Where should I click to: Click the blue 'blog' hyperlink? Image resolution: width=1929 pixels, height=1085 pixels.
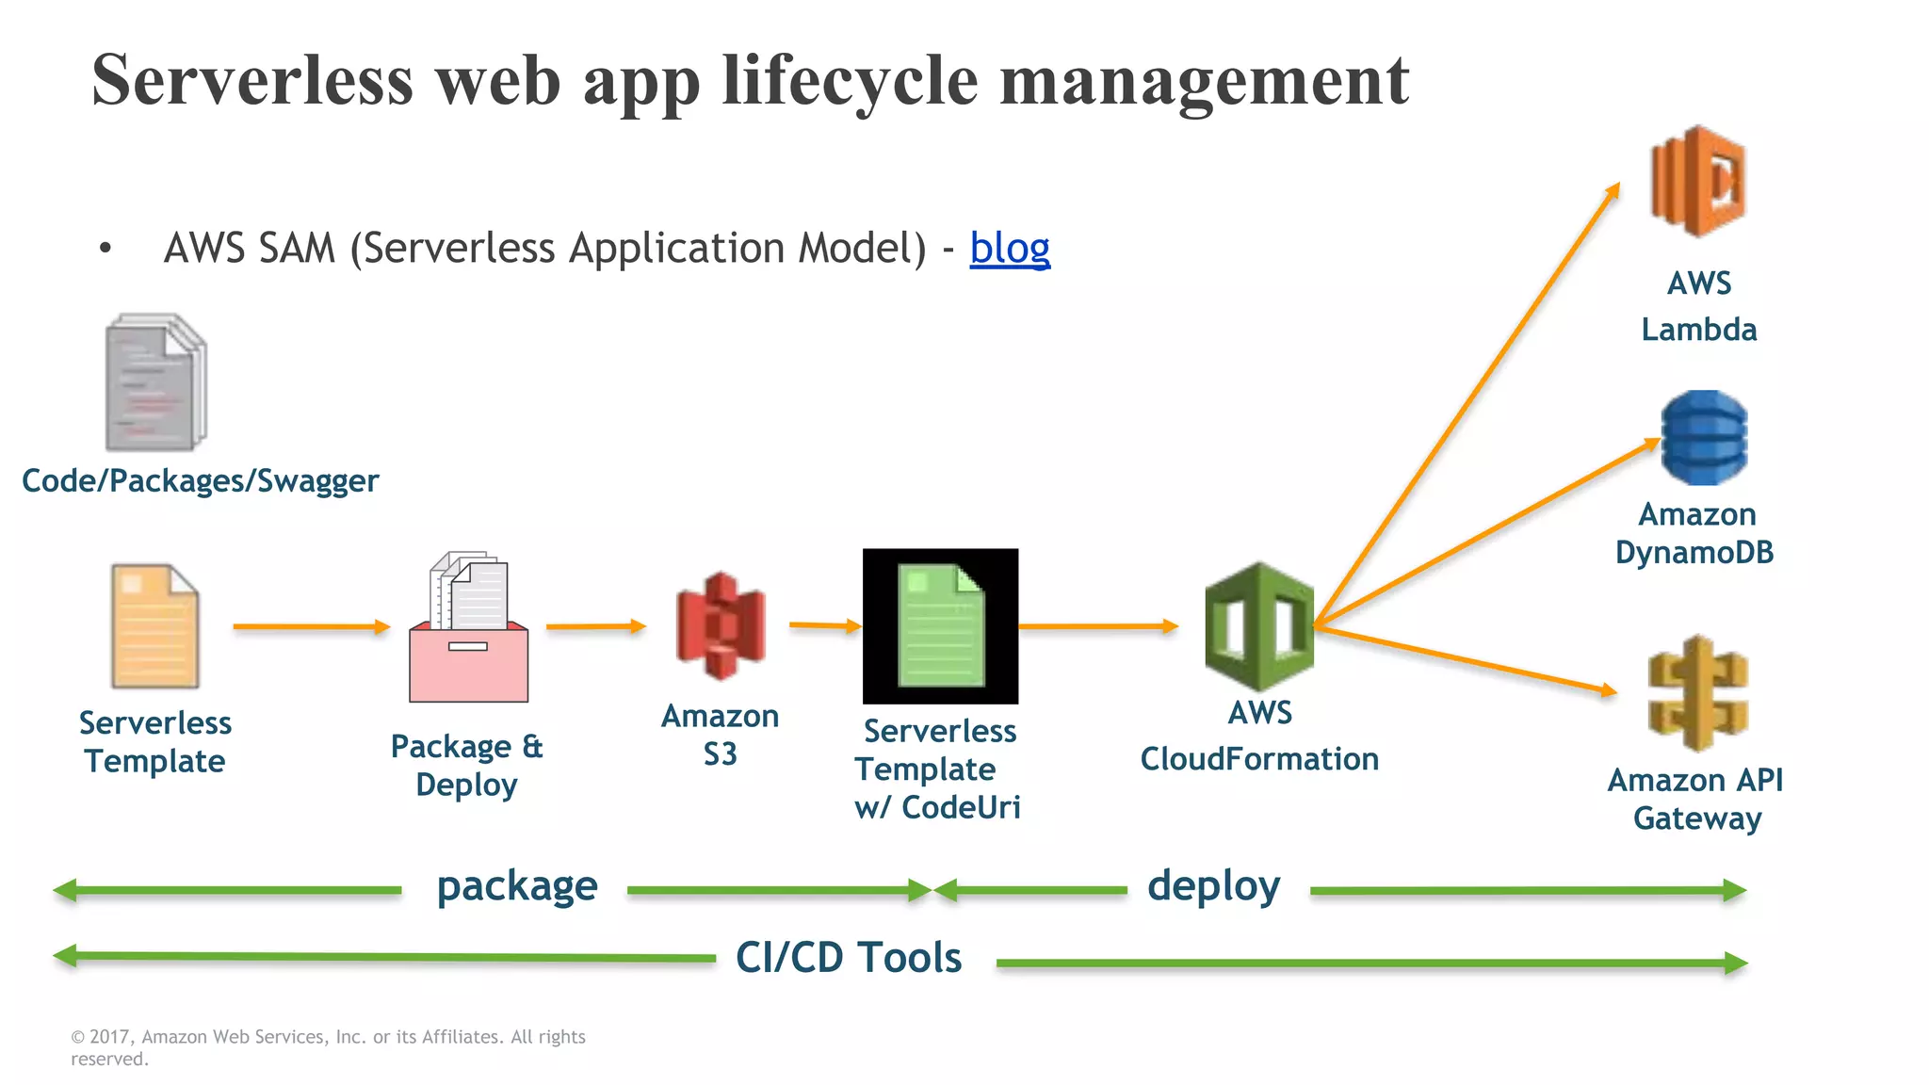point(1009,249)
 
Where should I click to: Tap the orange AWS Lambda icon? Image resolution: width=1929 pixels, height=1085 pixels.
point(1698,181)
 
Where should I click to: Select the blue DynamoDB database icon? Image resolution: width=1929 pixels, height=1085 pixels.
point(1704,438)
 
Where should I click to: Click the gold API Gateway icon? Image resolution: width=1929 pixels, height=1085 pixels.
point(1697,694)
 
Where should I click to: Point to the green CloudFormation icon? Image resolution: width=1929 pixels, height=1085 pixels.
point(1258,626)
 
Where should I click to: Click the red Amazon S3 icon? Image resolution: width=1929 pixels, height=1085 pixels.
point(721,626)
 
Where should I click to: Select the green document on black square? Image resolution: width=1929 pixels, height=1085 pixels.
point(940,625)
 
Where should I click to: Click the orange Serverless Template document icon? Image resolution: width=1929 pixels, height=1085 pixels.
point(154,626)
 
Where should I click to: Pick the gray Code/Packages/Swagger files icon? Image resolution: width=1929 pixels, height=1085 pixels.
point(155,382)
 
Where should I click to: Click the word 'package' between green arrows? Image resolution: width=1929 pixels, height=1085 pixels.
point(516,887)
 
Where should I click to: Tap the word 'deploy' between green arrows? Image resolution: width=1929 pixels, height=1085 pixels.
point(1213,887)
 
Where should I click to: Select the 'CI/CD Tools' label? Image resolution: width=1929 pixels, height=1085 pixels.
point(848,958)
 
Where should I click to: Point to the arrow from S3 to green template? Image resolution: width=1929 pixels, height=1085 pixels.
point(824,625)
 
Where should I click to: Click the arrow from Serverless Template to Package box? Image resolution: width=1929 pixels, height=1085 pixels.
point(311,626)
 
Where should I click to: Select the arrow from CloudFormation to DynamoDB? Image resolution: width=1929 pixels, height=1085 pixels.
point(1488,532)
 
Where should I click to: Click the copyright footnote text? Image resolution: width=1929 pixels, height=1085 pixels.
point(328,1046)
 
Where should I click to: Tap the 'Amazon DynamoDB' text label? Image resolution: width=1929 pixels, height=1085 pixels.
point(1695,533)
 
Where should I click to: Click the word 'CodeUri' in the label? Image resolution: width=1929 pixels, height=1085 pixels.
point(961,808)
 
